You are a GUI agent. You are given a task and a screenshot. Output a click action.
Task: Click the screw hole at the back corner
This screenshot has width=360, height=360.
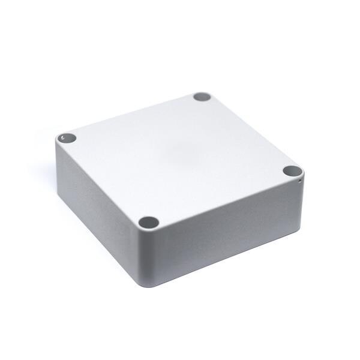point(202,97)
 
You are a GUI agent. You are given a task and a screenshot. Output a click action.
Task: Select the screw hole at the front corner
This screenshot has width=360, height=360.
point(149,223)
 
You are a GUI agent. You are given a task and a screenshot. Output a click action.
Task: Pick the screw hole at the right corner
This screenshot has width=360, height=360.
point(292,171)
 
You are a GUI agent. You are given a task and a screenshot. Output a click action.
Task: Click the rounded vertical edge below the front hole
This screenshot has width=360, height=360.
point(150,258)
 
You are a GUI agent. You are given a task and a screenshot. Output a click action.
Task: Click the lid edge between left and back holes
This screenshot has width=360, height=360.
point(132,113)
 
